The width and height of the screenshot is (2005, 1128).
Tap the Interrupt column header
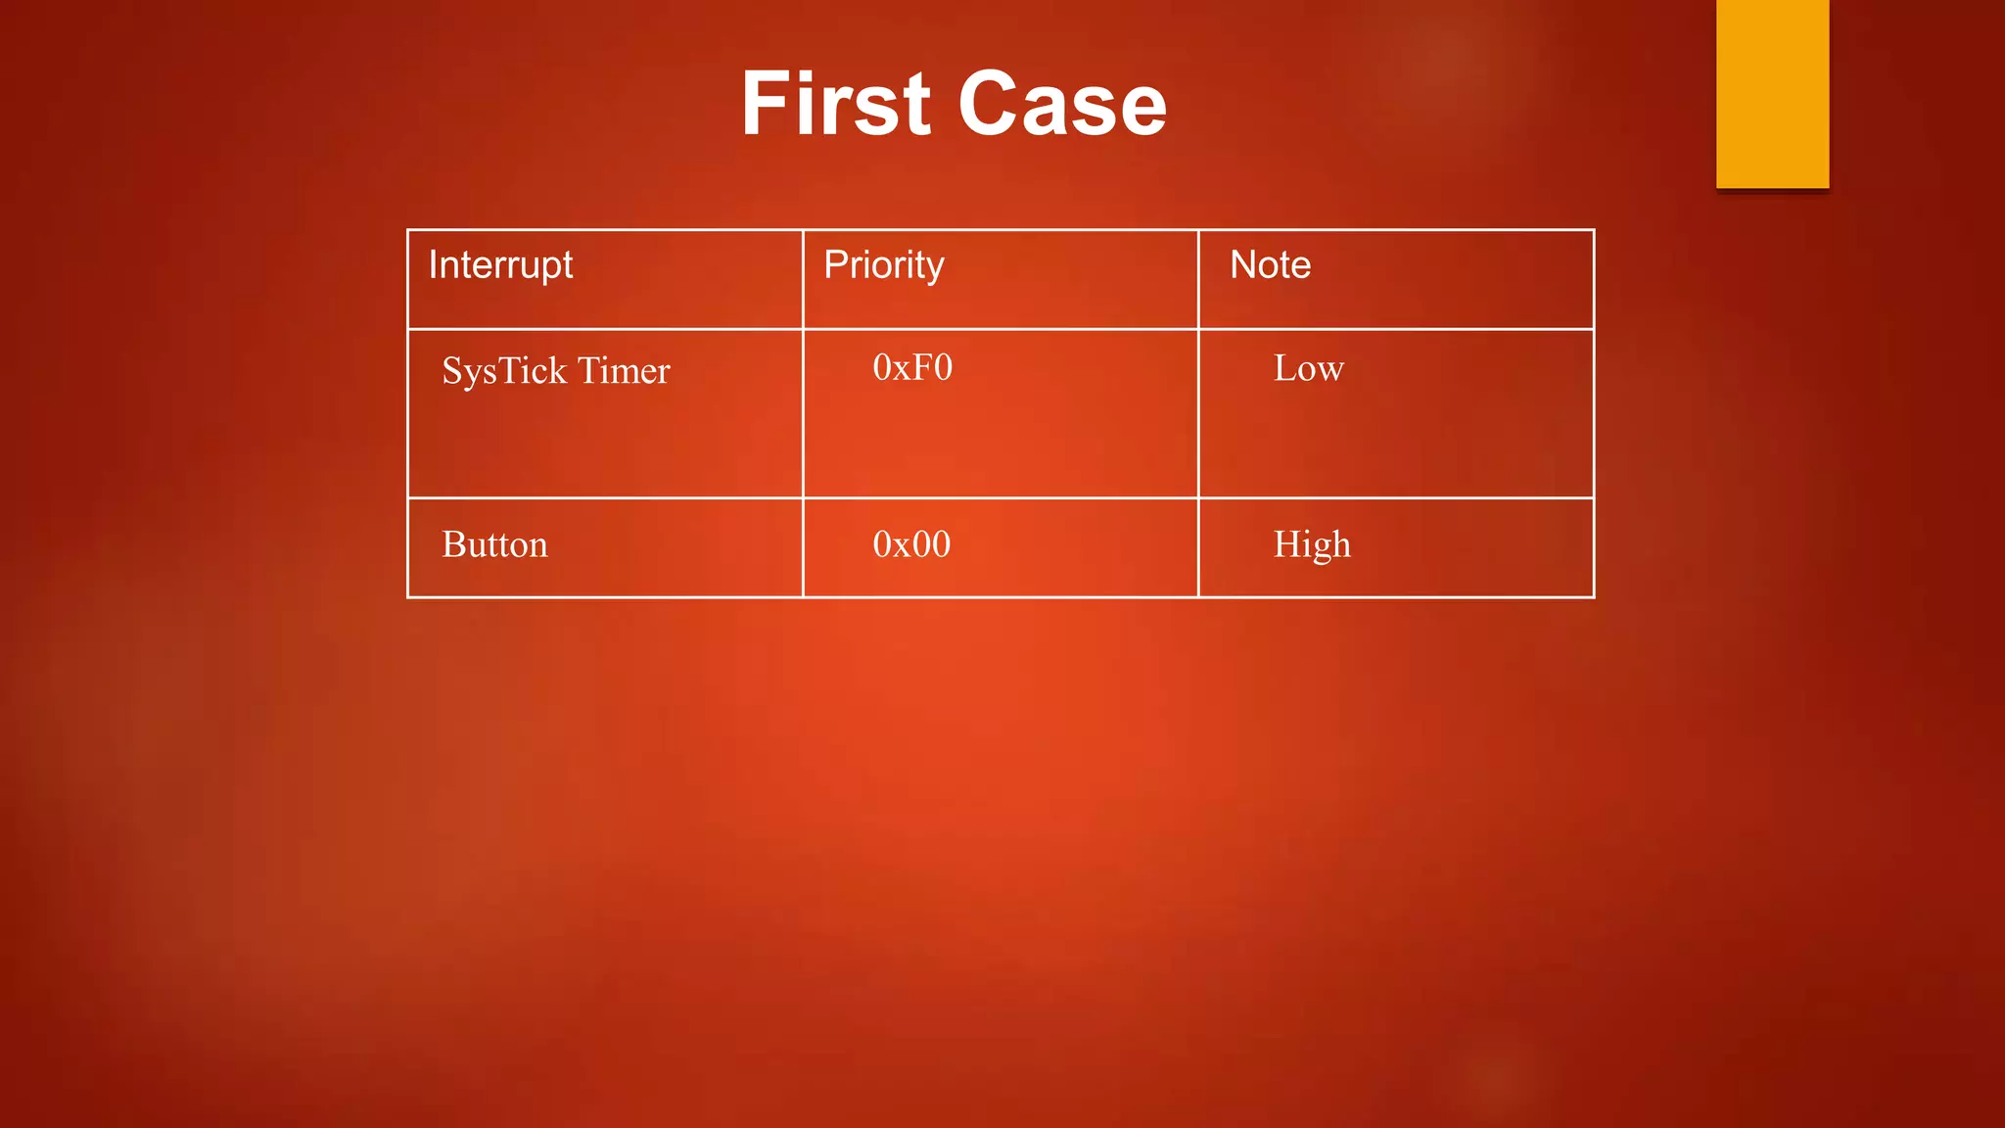[x=500, y=265]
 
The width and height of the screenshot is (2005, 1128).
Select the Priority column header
[x=883, y=265]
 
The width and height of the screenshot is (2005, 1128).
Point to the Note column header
[x=1270, y=265]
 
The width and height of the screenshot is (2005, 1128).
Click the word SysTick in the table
[x=504, y=371]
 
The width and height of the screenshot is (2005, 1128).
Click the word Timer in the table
[x=624, y=371]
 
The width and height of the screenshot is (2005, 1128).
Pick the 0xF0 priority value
[x=912, y=368]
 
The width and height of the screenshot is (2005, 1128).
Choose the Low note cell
[x=1308, y=369]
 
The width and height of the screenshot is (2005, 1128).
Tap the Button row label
[x=494, y=544]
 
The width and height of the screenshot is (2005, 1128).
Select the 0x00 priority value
[x=911, y=544]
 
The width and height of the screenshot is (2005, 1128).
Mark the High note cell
[x=1312, y=544]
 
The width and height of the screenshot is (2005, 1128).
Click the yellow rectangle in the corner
[x=1772, y=94]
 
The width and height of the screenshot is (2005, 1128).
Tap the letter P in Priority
[x=834, y=265]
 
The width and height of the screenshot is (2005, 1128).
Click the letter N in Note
[x=1242, y=265]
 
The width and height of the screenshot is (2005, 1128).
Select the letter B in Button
[x=453, y=544]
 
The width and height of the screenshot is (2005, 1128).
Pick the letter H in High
[x=1286, y=544]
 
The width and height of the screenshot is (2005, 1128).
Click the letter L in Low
[x=1284, y=369]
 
